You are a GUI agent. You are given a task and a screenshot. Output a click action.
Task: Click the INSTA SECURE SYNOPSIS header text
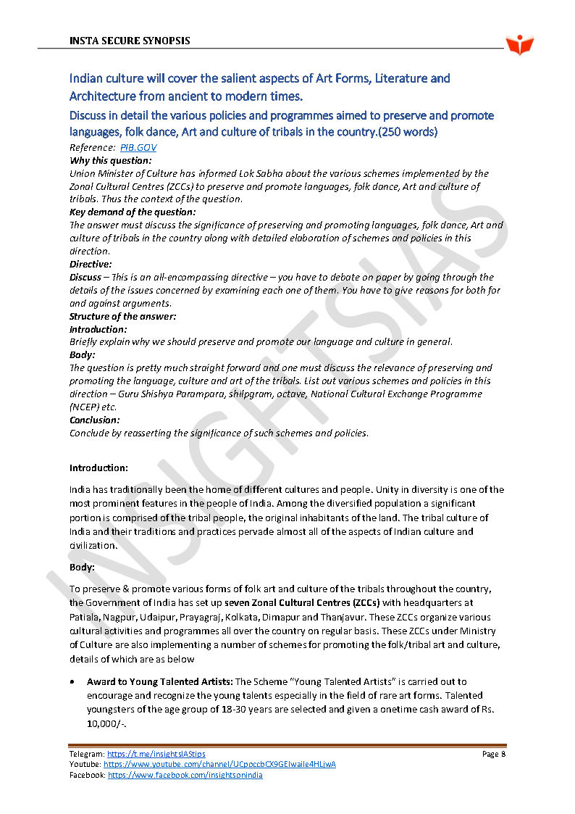130,41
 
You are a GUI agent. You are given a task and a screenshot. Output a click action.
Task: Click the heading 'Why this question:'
110,160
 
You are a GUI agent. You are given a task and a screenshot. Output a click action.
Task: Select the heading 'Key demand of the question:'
132,212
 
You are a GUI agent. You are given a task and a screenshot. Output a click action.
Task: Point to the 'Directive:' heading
91,265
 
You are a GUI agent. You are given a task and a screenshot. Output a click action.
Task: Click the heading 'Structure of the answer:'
122,317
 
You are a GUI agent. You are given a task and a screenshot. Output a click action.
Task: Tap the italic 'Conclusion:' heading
95,420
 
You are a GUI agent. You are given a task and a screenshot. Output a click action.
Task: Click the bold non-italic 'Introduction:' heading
98,468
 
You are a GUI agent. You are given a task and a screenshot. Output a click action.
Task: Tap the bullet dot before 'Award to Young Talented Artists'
72,683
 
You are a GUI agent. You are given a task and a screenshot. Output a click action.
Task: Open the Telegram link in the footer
156,755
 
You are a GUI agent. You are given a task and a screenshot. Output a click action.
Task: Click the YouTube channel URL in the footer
219,765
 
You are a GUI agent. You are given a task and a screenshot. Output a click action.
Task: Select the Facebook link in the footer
185,776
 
